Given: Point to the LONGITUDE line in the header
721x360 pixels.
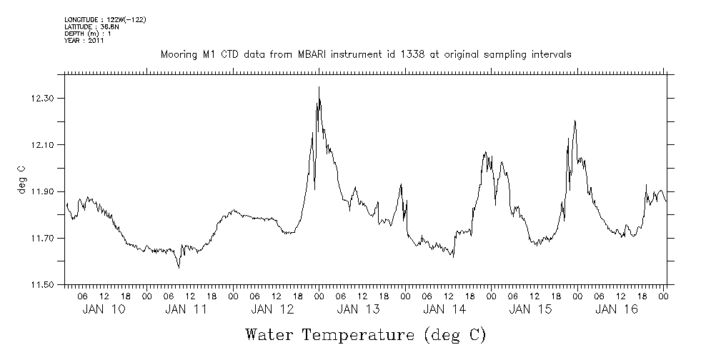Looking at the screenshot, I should (x=105, y=19).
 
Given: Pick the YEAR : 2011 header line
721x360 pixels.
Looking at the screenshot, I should (x=84, y=41).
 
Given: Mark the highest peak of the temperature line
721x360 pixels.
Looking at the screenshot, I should (x=319, y=87).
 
